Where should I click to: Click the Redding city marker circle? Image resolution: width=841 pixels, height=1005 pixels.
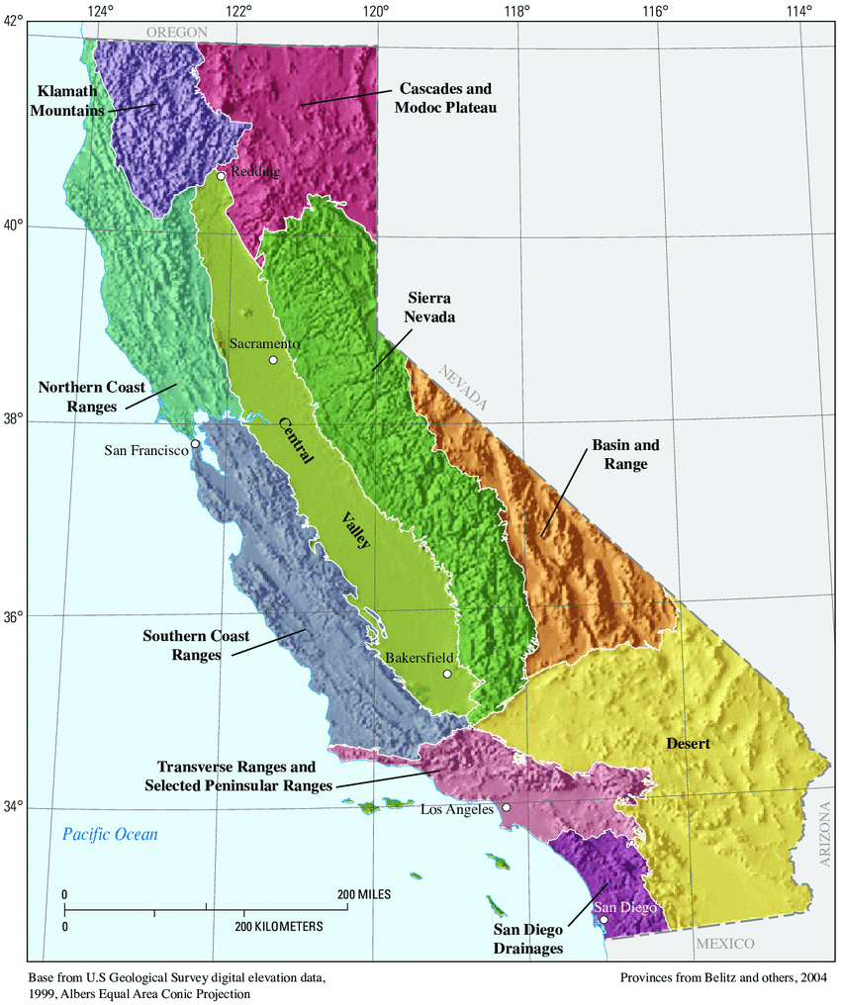(x=221, y=176)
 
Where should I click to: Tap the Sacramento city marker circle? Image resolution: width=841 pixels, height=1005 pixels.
(x=273, y=359)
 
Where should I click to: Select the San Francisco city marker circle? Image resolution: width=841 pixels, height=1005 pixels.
(x=196, y=443)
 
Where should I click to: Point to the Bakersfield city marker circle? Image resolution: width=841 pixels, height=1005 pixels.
(x=447, y=674)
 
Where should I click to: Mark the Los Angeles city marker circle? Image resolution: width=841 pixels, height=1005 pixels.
(x=506, y=807)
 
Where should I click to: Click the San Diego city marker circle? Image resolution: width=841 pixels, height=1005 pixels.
(x=604, y=919)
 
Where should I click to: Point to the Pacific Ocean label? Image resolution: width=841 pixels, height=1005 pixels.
(x=109, y=835)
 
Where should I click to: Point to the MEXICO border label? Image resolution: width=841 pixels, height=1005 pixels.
(x=724, y=944)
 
